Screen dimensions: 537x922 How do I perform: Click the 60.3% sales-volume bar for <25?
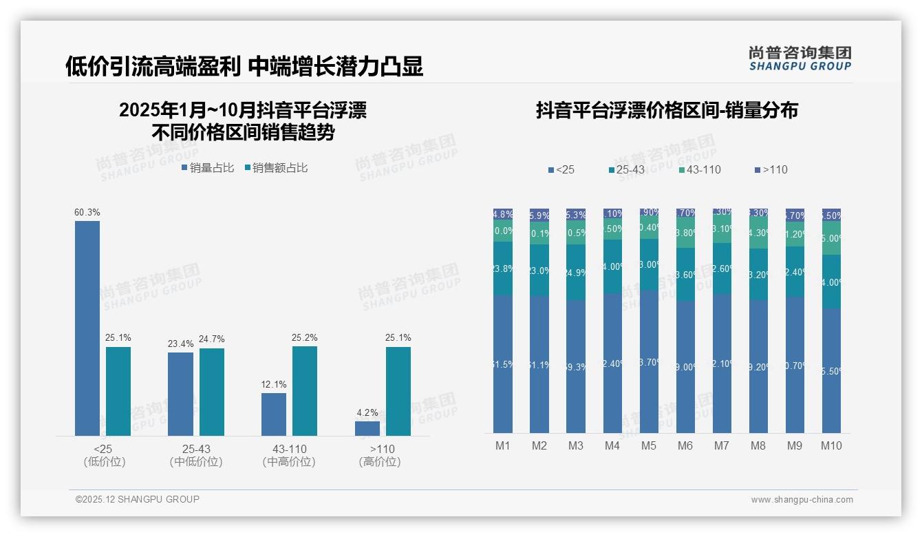pos(87,328)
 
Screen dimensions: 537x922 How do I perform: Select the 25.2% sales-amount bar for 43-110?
pos(305,390)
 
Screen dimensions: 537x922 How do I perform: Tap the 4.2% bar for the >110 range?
pos(367,428)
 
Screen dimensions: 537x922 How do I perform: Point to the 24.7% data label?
pos(212,339)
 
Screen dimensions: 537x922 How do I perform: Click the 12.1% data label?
pos(274,384)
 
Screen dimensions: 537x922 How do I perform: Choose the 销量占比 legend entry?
pos(208,167)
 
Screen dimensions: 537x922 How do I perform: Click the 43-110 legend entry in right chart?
pos(700,169)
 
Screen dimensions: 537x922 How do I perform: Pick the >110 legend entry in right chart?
pos(771,169)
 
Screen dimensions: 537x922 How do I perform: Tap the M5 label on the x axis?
pos(649,445)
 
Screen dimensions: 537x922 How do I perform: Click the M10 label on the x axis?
pos(831,445)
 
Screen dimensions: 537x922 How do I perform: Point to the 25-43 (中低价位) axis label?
pos(196,455)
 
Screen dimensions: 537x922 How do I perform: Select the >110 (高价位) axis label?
pos(380,455)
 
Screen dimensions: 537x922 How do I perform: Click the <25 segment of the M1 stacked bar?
pos(503,364)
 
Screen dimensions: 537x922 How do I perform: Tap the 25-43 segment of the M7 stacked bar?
pos(722,268)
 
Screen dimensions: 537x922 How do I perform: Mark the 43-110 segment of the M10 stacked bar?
pos(831,238)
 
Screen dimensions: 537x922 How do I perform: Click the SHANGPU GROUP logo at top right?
pos(800,59)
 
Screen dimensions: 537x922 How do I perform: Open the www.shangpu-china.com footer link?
pos(802,500)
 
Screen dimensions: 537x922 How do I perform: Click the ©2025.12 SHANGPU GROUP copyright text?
pos(138,499)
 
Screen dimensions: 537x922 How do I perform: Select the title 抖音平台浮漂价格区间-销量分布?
pos(667,111)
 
